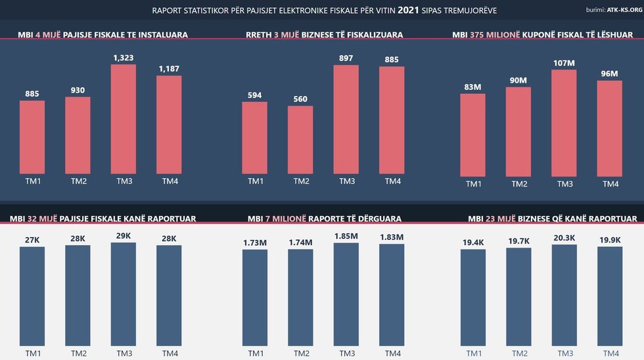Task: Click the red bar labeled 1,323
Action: [x=124, y=119]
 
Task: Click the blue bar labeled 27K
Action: [x=32, y=296]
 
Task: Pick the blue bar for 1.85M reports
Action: [x=346, y=296]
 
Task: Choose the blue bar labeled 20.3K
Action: [x=564, y=296]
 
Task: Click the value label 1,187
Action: [x=169, y=68]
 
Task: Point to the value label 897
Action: [x=346, y=58]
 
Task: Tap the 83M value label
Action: [x=473, y=87]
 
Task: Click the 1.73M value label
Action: [x=255, y=242]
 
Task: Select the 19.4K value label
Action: [x=473, y=242]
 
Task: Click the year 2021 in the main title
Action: [x=407, y=11]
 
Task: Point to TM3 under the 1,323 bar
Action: [x=124, y=181]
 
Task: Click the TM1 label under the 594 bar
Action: [x=255, y=181]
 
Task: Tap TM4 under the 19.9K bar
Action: [x=610, y=353]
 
